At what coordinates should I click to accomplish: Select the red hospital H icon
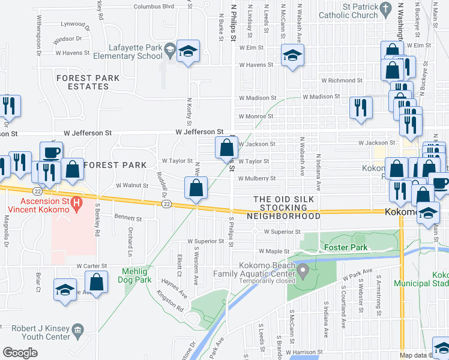pos(76,204)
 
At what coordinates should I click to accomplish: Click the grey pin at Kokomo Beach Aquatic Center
pos(304,272)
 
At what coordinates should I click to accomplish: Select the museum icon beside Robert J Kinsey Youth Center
pos(77,329)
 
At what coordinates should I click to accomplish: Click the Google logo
pos(20,353)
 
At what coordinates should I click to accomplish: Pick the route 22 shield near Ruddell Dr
pos(165,205)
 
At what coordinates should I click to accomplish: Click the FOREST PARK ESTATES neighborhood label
pos(88,82)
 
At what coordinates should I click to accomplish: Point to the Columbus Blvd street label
pos(154,7)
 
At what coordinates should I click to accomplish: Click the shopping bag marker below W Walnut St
pos(196,187)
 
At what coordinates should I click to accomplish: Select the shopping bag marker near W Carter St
pos(96,282)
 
